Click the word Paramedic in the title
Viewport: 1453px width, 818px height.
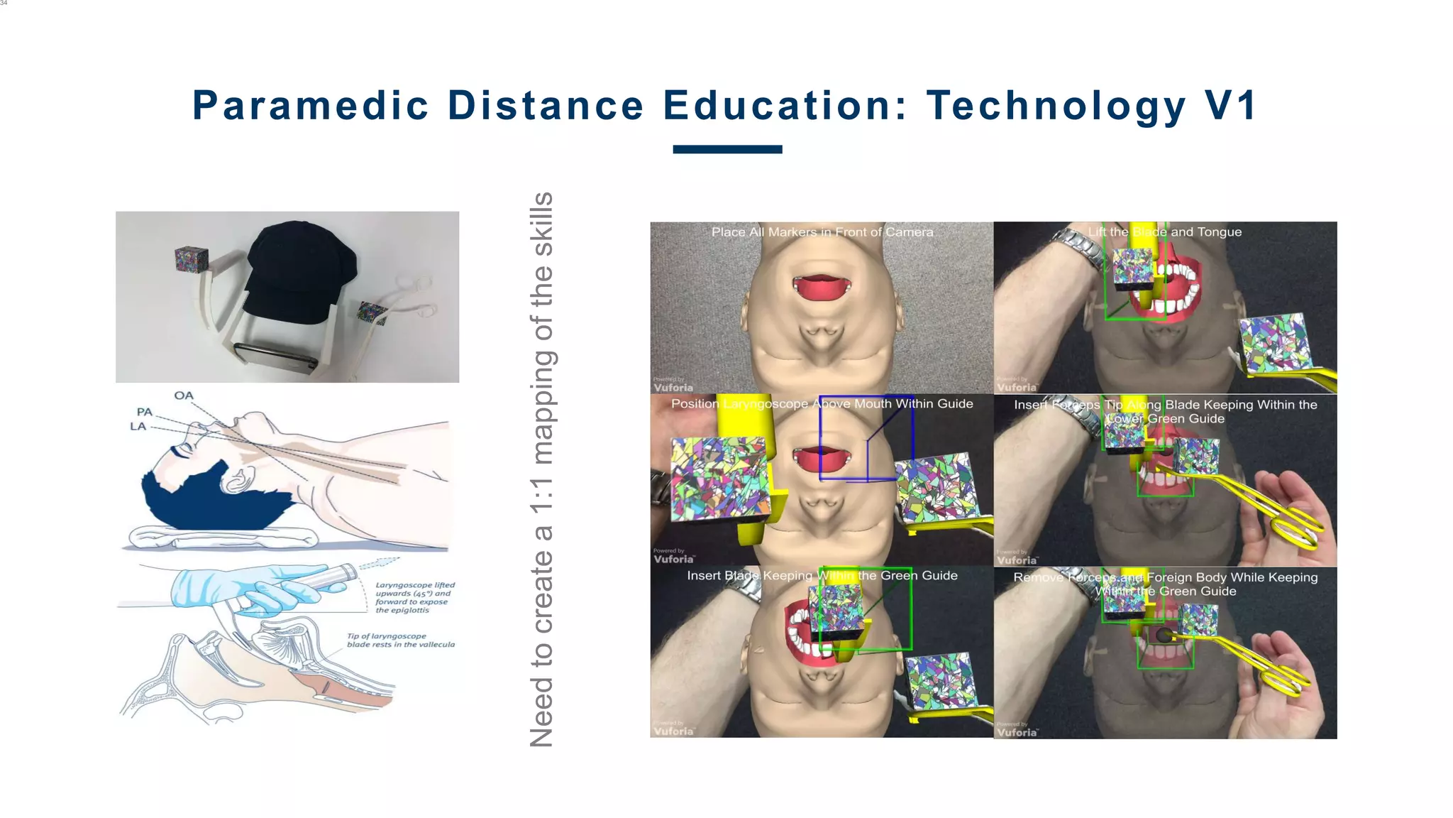coord(311,106)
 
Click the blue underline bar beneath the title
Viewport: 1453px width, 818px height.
coord(727,149)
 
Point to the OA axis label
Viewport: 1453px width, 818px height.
coord(184,396)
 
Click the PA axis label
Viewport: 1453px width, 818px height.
coord(145,412)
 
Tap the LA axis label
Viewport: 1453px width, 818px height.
coord(138,426)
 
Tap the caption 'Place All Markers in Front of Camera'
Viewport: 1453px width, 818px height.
coord(822,232)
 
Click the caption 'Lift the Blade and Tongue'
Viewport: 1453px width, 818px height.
coord(1165,232)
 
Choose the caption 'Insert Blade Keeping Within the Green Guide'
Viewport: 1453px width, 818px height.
coord(822,576)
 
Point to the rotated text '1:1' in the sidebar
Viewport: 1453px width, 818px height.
coord(541,496)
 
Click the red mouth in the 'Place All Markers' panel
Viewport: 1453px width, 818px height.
coord(822,287)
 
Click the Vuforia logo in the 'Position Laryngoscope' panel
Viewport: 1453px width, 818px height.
coord(673,558)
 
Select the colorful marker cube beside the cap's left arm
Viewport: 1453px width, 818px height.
coord(192,259)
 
